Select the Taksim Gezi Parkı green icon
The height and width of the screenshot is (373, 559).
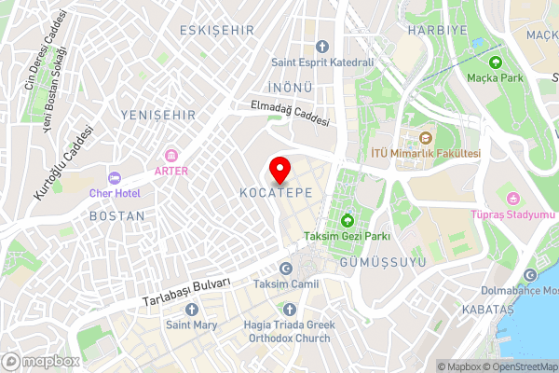pos(348,221)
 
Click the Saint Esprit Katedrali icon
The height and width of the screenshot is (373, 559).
pos(322,47)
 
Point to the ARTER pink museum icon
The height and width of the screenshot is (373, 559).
pos(171,155)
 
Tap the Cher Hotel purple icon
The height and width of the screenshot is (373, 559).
pos(115,177)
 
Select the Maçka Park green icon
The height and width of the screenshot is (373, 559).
pos(496,62)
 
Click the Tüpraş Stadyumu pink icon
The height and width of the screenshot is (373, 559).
pos(512,198)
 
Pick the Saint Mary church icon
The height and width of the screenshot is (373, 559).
pos(192,308)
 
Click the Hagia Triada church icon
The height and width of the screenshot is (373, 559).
pos(290,308)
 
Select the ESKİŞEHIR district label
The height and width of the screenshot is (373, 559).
pos(218,31)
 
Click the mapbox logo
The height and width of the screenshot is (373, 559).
pos(41,361)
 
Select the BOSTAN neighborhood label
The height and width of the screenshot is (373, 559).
pos(116,215)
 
